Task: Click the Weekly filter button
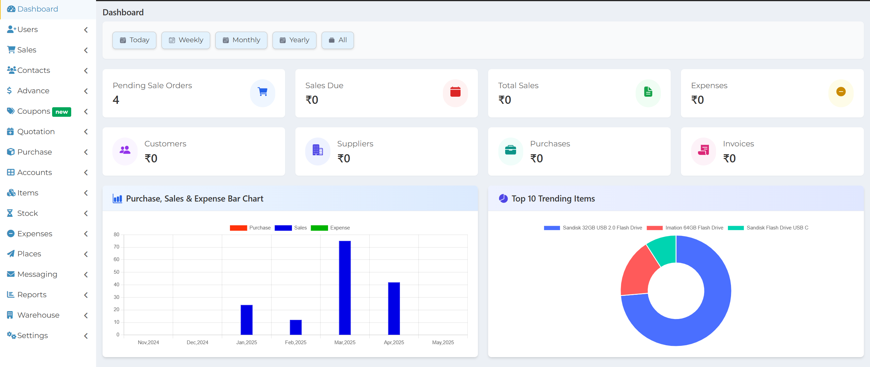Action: point(186,40)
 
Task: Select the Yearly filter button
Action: point(294,40)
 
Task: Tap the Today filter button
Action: point(134,40)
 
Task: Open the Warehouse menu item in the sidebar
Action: point(38,315)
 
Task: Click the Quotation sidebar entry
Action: point(36,131)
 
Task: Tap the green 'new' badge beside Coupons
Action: point(62,112)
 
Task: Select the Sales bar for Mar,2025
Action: point(345,288)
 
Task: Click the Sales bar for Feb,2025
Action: point(296,327)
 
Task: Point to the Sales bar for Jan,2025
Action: point(247,320)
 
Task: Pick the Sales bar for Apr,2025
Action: point(394,308)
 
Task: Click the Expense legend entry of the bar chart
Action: point(330,228)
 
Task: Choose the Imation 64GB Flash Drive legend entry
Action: point(685,228)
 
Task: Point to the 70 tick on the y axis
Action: point(116,247)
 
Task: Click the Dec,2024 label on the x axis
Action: point(197,342)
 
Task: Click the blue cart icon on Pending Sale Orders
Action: point(262,92)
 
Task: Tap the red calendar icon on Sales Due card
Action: point(455,92)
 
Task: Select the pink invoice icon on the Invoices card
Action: point(703,150)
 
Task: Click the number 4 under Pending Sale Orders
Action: point(116,100)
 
